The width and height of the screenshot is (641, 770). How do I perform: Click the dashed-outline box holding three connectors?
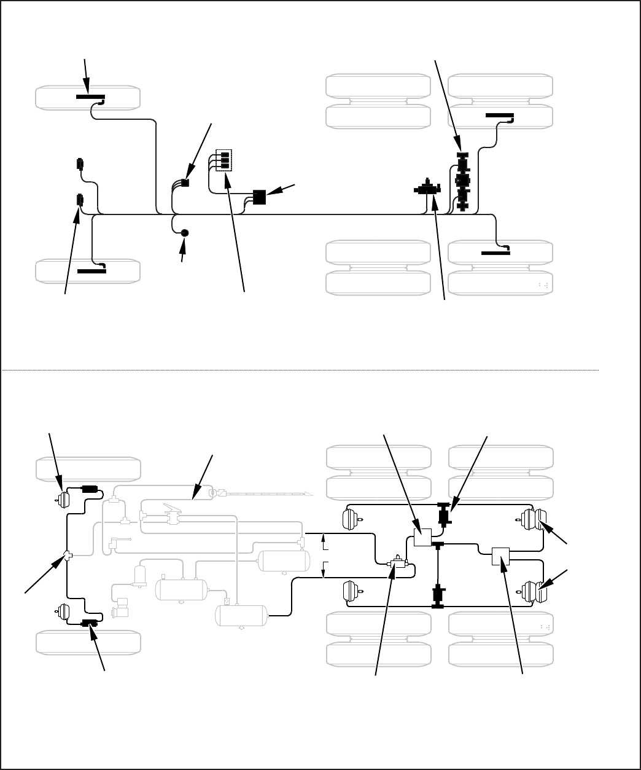click(x=225, y=160)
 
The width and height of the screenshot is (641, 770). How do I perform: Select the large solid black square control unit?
click(x=259, y=197)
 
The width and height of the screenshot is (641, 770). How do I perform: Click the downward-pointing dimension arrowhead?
click(x=323, y=575)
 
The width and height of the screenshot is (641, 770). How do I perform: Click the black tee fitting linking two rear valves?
click(x=438, y=544)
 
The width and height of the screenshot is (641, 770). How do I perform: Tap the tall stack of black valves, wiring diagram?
click(x=462, y=183)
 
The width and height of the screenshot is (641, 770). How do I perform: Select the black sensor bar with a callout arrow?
click(x=90, y=97)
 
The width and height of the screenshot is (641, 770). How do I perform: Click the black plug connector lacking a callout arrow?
click(x=79, y=164)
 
